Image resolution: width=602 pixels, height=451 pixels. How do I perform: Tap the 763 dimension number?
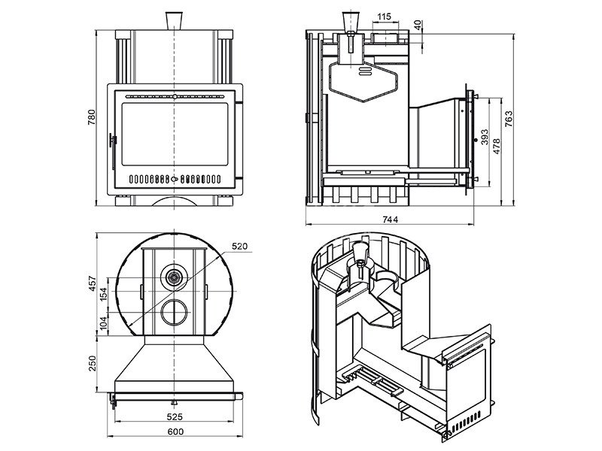(x=509, y=119)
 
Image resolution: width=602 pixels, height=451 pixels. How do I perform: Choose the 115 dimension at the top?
(x=385, y=16)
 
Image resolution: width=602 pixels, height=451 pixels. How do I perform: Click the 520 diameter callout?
(x=239, y=246)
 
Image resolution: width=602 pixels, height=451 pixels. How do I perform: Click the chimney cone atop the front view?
(x=175, y=17)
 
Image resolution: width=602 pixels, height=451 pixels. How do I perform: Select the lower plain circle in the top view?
(x=175, y=310)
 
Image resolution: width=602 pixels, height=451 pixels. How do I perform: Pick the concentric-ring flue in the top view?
(x=175, y=278)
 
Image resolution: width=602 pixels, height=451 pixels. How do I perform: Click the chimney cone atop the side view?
(x=352, y=19)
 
